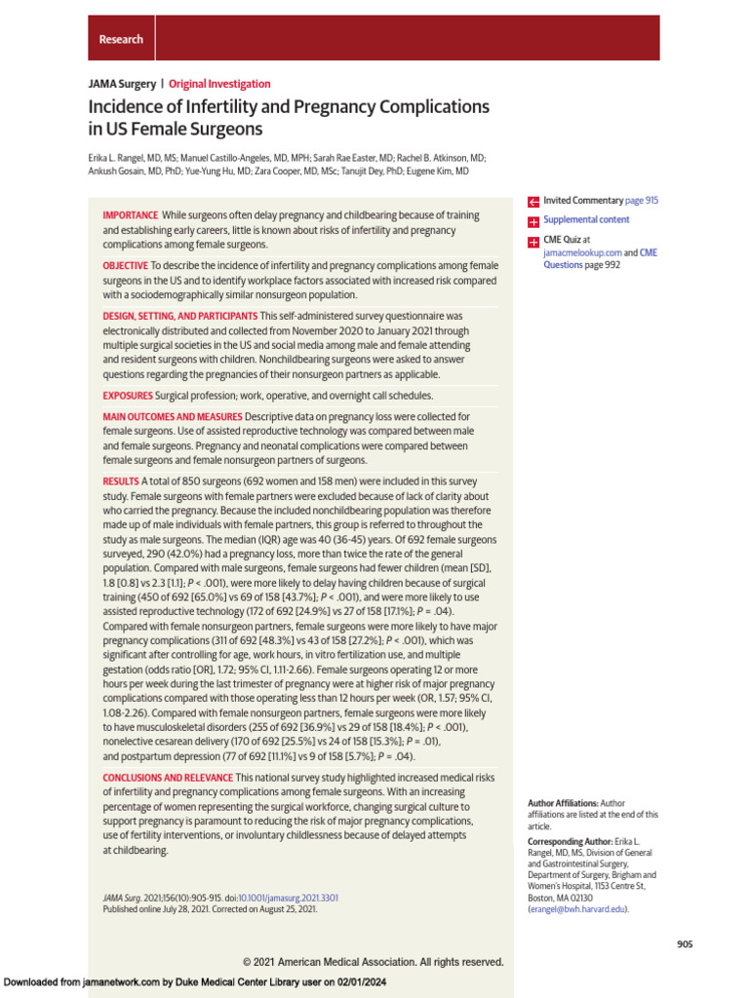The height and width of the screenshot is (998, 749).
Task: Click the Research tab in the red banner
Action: pos(121,39)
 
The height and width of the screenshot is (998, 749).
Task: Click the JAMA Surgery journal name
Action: pos(121,84)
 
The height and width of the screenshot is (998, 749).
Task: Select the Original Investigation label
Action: pos(219,84)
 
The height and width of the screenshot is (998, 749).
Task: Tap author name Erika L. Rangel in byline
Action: pos(123,157)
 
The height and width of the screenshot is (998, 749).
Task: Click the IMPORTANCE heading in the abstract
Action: pos(131,215)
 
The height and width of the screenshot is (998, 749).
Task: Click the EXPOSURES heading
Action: pos(128,396)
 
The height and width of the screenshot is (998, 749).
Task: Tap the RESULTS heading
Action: pos(121,482)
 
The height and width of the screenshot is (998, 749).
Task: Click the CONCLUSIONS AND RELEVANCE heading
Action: pos(168,778)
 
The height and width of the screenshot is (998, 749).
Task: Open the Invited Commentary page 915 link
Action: pos(601,200)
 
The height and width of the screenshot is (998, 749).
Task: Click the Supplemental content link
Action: pos(586,220)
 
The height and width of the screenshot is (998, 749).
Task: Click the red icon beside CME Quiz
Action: pos(533,240)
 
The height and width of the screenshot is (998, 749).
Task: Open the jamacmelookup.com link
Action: pos(581,252)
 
